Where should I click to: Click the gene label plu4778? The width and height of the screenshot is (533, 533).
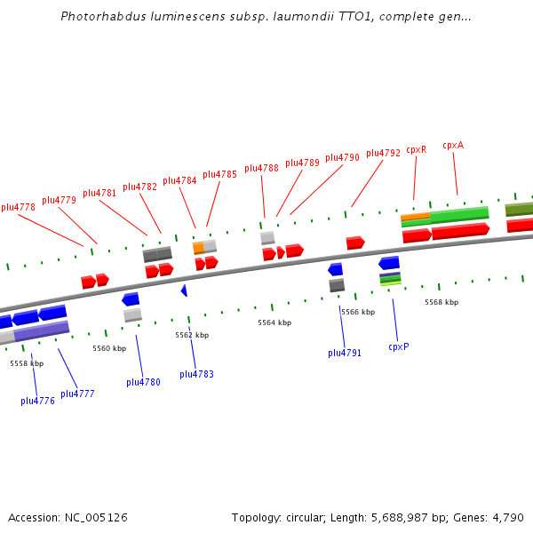(19, 207)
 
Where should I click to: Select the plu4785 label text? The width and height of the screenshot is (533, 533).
(219, 174)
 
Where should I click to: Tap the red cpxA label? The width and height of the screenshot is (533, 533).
(453, 145)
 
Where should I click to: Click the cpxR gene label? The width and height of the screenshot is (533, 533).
(416, 149)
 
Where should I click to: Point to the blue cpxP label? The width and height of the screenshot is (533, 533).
(398, 346)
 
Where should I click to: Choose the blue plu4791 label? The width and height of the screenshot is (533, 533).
(345, 353)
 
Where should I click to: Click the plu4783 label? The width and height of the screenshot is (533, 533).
(196, 374)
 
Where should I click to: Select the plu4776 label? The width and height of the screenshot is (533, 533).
(37, 401)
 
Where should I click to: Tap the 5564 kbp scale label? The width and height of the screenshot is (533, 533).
(274, 322)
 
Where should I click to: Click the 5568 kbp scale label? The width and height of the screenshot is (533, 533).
(442, 302)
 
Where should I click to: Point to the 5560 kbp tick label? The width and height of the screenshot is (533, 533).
(109, 348)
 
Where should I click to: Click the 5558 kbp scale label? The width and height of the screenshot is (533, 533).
(27, 363)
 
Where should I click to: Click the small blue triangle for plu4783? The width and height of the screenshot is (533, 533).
(184, 290)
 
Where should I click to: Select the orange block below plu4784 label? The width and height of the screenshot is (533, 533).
(199, 247)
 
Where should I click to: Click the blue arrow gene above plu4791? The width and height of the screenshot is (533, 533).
(335, 269)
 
